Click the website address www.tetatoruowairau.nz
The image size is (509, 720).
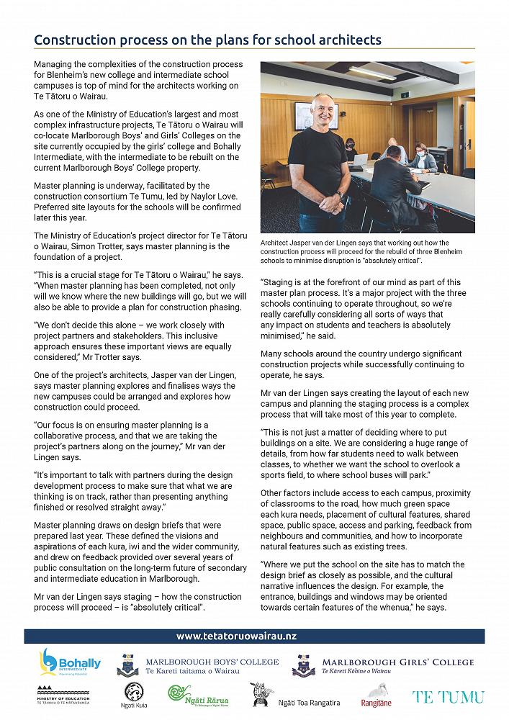pyautogui.click(x=237, y=636)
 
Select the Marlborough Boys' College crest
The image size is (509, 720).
pyautogui.click(x=128, y=664)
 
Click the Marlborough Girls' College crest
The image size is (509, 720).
pyautogui.click(x=303, y=665)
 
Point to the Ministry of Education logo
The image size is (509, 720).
pyautogui.click(x=63, y=696)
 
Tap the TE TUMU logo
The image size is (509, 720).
pyautogui.click(x=447, y=696)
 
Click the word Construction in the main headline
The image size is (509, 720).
pyautogui.click(x=78, y=40)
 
